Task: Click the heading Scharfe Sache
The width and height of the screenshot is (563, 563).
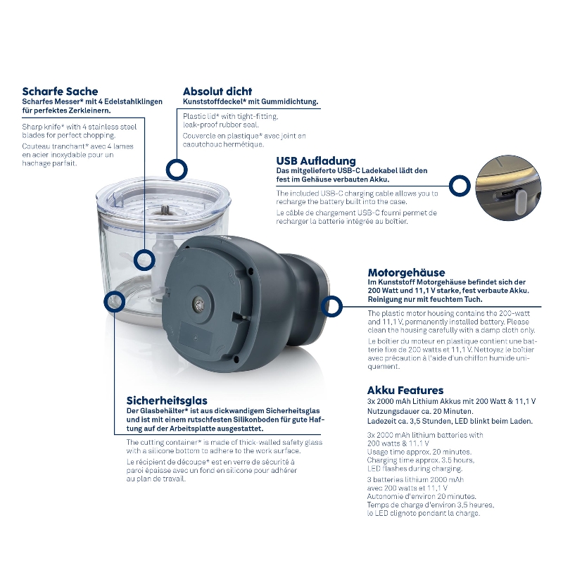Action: (60, 91)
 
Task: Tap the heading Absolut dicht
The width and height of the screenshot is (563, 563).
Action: (217, 91)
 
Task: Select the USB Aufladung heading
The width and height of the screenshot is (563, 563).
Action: (316, 160)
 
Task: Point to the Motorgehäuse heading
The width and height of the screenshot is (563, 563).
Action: (406, 272)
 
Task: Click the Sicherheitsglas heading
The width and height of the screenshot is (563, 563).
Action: (167, 400)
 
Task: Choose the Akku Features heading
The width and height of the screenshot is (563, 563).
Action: (405, 391)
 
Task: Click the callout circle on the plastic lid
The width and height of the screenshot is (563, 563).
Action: (177, 170)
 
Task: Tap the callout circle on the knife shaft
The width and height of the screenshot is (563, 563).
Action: (144, 260)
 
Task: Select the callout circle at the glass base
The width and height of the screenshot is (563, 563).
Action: (115, 302)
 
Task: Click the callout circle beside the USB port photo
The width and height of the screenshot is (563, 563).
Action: (460, 186)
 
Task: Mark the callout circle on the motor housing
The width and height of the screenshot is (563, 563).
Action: (331, 306)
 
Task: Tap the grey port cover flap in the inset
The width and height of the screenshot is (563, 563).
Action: (521, 201)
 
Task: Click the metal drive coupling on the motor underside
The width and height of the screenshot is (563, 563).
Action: (198, 303)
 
